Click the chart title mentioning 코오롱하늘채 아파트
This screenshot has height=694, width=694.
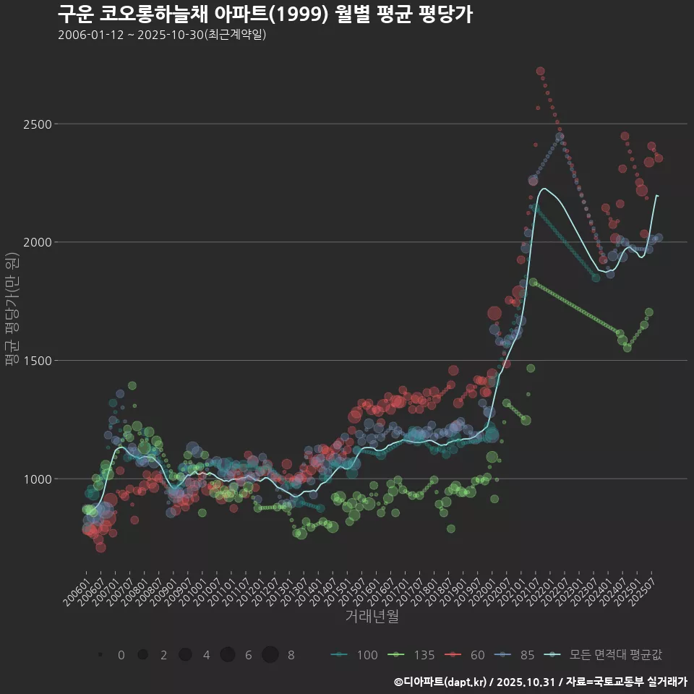tap(265, 14)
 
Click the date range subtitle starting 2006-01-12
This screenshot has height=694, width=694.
tap(162, 35)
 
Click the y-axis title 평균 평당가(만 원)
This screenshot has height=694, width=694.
tap(12, 311)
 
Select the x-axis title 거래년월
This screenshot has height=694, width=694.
tap(372, 616)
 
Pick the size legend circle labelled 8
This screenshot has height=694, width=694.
tap(270, 655)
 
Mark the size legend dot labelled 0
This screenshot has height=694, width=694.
tap(100, 655)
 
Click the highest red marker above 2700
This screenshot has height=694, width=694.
tap(540, 72)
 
